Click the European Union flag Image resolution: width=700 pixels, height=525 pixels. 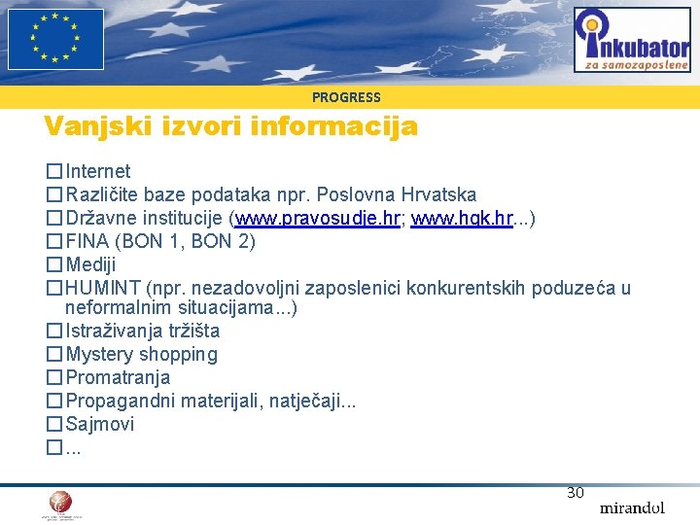[x=55, y=39]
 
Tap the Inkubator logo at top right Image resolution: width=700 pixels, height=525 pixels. [x=631, y=40]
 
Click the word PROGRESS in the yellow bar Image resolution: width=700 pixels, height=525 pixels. [x=346, y=97]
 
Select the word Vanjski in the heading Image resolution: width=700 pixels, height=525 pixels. [x=92, y=126]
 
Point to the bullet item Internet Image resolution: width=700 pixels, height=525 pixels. [x=97, y=172]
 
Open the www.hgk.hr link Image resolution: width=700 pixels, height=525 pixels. [x=462, y=219]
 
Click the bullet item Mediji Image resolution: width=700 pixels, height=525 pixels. [x=90, y=264]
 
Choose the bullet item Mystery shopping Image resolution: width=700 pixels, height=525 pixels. [x=141, y=354]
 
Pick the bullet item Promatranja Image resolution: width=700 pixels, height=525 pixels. [x=118, y=377]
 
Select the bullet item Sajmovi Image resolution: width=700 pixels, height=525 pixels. [x=99, y=424]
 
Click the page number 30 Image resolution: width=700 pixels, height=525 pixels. [x=576, y=493]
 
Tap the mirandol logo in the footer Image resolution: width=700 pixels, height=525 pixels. [x=632, y=507]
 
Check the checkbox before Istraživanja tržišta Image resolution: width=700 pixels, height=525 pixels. [x=54, y=332]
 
